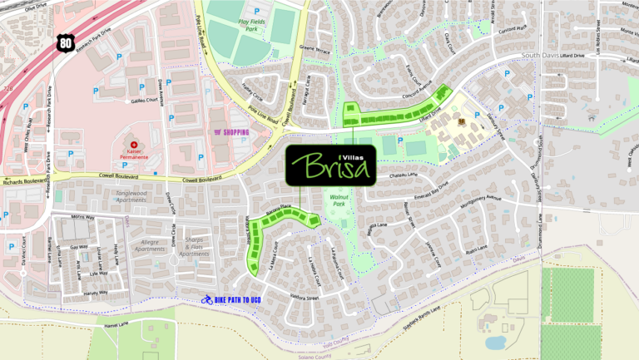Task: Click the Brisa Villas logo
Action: (x=329, y=165)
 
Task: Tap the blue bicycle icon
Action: (x=206, y=299)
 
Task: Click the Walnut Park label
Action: (x=338, y=199)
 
